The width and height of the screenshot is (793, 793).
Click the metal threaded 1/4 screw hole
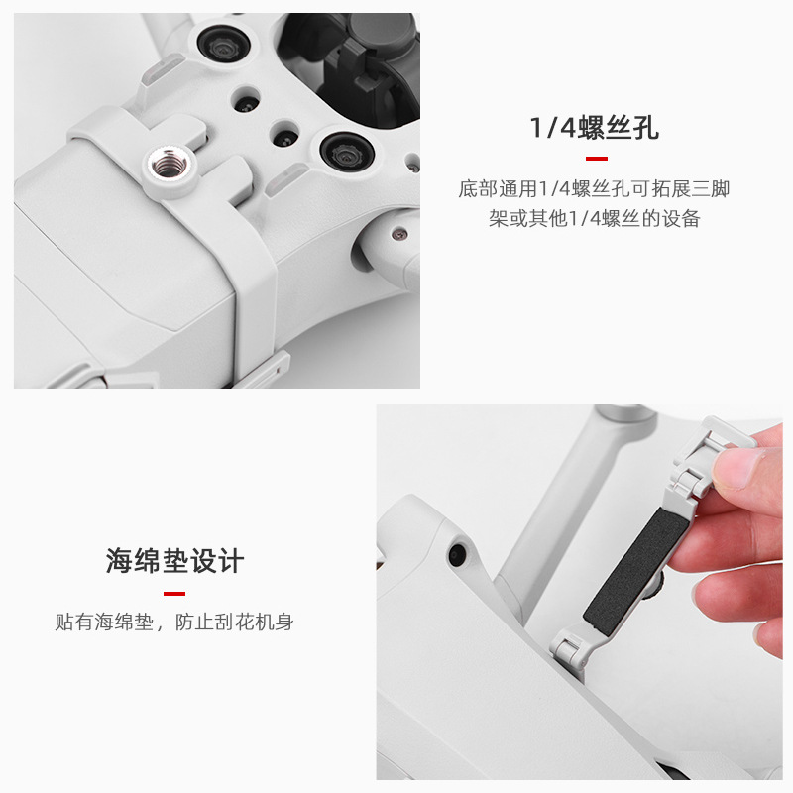click(170, 165)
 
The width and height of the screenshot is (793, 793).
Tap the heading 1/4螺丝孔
click(595, 128)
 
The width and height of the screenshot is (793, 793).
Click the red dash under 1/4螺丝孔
click(597, 159)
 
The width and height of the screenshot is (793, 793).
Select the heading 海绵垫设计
click(175, 560)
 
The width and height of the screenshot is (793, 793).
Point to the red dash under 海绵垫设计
click(174, 593)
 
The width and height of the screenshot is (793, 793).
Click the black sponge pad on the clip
click(637, 571)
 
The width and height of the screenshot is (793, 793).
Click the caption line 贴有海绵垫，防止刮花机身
click(174, 622)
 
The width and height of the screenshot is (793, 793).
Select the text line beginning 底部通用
click(594, 189)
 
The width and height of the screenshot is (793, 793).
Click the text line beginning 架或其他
click(594, 218)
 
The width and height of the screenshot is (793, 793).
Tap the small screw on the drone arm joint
click(400, 234)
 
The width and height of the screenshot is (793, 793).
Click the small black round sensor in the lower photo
click(458, 554)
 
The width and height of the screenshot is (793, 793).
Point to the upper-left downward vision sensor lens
click(223, 47)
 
